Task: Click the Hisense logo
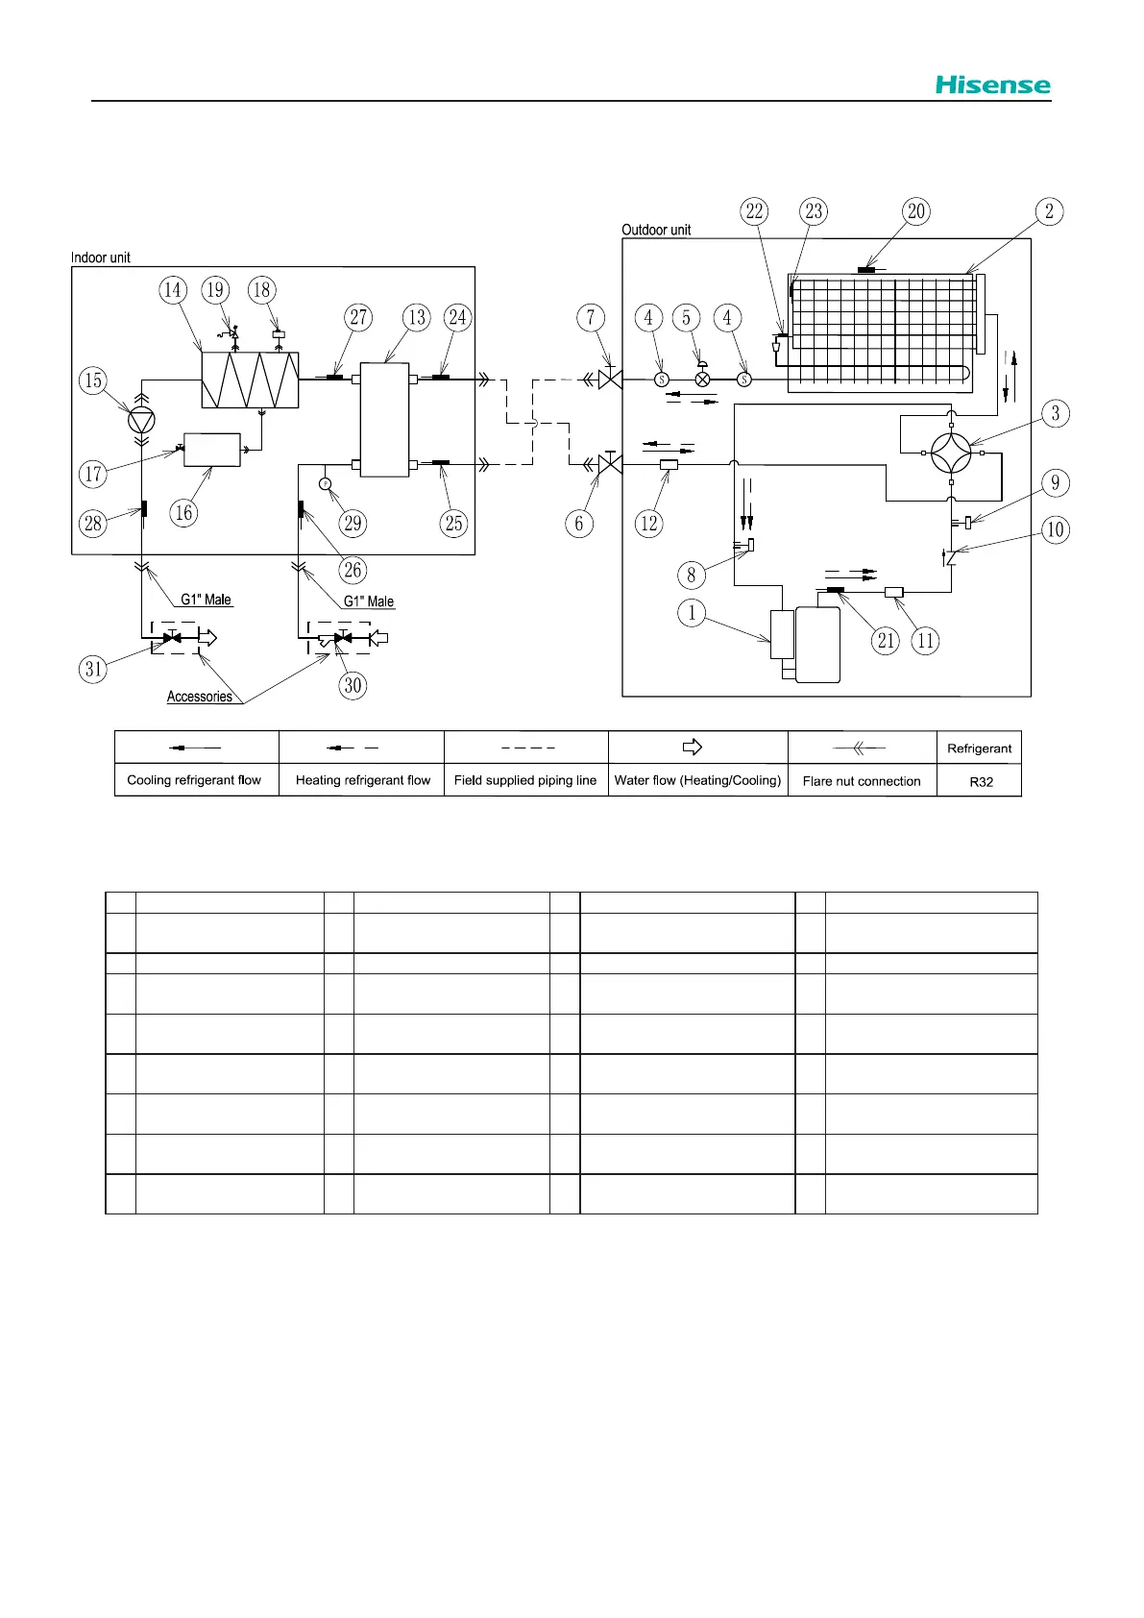pyautogui.click(x=993, y=86)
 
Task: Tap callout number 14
pyautogui.click(x=173, y=290)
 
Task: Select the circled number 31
pyautogui.click(x=93, y=669)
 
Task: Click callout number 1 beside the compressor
pyautogui.click(x=692, y=612)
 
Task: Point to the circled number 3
pyautogui.click(x=1056, y=414)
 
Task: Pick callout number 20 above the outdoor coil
pyautogui.click(x=916, y=211)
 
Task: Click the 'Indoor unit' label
pyautogui.click(x=101, y=257)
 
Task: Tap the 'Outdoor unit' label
pyautogui.click(x=656, y=230)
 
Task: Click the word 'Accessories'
pyautogui.click(x=200, y=697)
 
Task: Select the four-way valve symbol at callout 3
pyautogui.click(x=951, y=454)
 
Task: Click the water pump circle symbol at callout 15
pyautogui.click(x=141, y=420)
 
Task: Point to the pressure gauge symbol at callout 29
pyautogui.click(x=326, y=482)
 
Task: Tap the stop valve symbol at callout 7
pyautogui.click(x=610, y=380)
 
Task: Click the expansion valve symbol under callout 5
pyautogui.click(x=702, y=380)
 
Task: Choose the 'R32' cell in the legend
pyautogui.click(x=981, y=781)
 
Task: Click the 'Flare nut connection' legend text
pyautogui.click(x=862, y=781)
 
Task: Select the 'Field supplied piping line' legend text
pyautogui.click(x=525, y=780)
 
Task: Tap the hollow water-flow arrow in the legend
pyautogui.click(x=693, y=747)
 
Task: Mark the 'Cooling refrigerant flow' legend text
pyautogui.click(x=194, y=780)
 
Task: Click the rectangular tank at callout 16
pyautogui.click(x=212, y=450)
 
